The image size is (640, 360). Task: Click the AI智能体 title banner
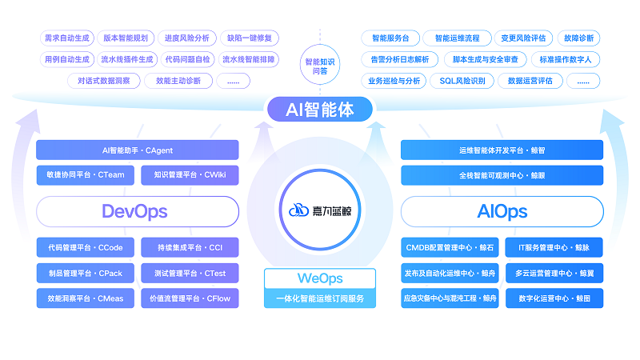click(320, 110)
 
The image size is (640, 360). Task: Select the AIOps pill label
click(502, 211)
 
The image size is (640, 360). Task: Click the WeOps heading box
click(320, 278)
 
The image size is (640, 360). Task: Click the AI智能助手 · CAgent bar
click(137, 150)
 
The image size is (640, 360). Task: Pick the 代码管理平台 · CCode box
click(86, 248)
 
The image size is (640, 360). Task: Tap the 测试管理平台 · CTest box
click(190, 274)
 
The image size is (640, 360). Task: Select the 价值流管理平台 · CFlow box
click(190, 299)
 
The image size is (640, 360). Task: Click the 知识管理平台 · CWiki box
click(190, 175)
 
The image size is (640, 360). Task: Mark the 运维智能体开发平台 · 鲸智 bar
click(502, 150)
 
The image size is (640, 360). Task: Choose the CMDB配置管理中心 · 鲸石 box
click(450, 248)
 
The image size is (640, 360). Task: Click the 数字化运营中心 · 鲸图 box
click(554, 299)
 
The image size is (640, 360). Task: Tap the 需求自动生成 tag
click(66, 38)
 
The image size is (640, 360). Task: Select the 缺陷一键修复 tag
click(249, 38)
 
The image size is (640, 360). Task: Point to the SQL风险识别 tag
click(462, 81)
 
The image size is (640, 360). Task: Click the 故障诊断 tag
click(578, 38)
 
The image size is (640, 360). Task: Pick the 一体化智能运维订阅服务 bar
click(320, 298)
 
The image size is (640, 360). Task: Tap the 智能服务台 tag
click(390, 38)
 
